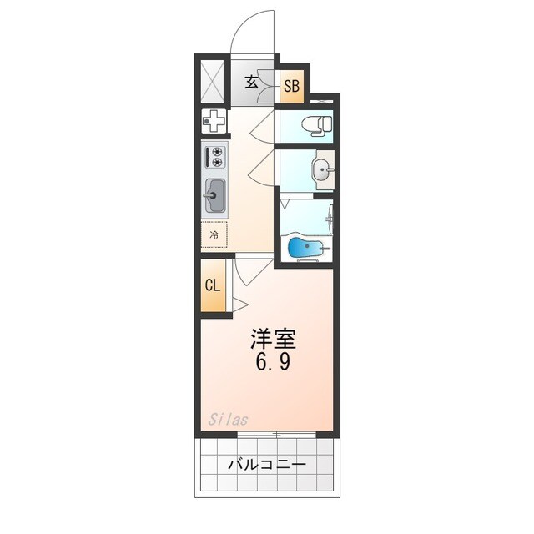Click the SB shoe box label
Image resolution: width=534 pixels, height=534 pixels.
292,85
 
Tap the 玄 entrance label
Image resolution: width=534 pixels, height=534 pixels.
252,82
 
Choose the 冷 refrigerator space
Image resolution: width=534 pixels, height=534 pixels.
214,235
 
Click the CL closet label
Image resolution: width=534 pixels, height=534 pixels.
213,285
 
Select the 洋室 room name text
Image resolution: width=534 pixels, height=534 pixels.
275,340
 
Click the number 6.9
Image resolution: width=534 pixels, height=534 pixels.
275,364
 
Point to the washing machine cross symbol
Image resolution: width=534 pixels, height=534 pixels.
214,122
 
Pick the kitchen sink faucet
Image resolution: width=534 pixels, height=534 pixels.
207,199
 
